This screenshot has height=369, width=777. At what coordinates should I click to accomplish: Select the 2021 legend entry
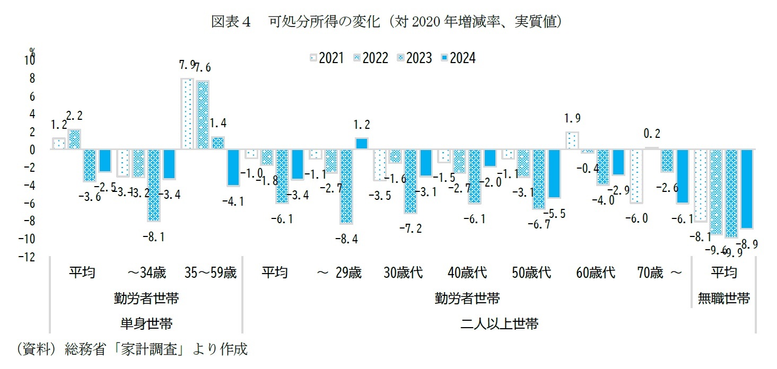tap(328, 58)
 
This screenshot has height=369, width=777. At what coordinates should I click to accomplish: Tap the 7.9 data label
tap(188, 66)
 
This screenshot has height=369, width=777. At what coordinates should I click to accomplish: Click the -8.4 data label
tap(347, 239)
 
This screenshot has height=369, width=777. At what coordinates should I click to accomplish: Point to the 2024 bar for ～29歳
tap(361, 144)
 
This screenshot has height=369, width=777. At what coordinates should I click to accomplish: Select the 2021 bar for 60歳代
tap(572, 140)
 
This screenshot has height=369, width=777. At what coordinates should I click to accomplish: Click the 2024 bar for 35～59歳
tap(233, 168)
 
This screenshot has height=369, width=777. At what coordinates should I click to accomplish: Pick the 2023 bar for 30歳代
tap(411, 181)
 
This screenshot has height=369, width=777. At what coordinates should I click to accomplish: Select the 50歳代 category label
tap(531, 273)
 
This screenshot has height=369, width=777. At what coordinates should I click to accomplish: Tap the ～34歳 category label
tap(146, 273)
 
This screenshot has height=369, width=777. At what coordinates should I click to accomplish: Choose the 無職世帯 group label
tap(723, 298)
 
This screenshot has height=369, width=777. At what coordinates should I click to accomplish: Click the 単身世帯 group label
tap(146, 323)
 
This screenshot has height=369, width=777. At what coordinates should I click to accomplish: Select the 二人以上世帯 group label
tap(467, 323)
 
